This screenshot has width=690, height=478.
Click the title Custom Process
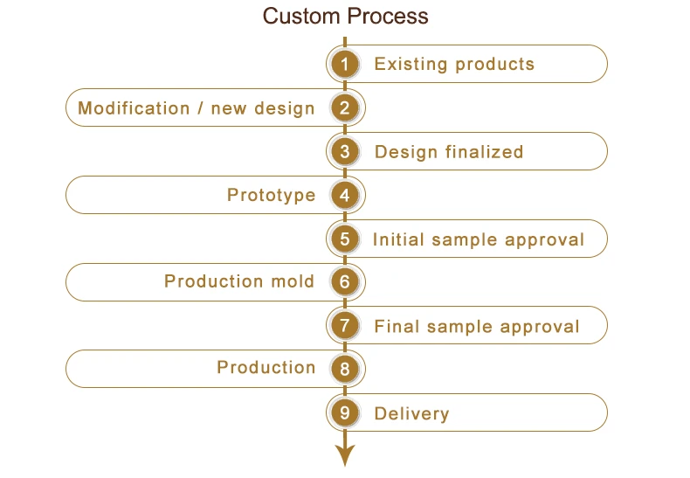click(x=345, y=17)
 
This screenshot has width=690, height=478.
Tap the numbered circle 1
click(x=345, y=64)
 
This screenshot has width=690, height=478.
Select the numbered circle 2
click(x=345, y=108)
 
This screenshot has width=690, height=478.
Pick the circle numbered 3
click(x=345, y=152)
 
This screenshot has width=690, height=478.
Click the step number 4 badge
click(x=345, y=195)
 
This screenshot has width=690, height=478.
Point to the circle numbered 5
click(x=345, y=239)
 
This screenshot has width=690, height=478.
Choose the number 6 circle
click(x=345, y=281)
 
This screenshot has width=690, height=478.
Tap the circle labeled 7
click(x=345, y=326)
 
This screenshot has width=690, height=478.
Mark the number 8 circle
click(x=345, y=369)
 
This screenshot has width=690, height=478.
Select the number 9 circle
click(x=345, y=412)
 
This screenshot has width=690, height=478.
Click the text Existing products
click(x=453, y=64)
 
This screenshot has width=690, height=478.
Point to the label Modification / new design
click(x=196, y=108)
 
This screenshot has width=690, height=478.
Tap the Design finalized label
click(x=448, y=152)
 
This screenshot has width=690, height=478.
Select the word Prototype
click(x=271, y=195)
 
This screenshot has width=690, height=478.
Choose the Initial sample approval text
click(x=478, y=239)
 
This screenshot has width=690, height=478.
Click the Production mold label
click(x=239, y=281)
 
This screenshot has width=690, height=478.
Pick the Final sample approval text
click(x=476, y=327)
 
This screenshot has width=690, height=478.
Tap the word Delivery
click(x=411, y=413)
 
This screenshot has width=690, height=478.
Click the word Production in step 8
click(x=266, y=368)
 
